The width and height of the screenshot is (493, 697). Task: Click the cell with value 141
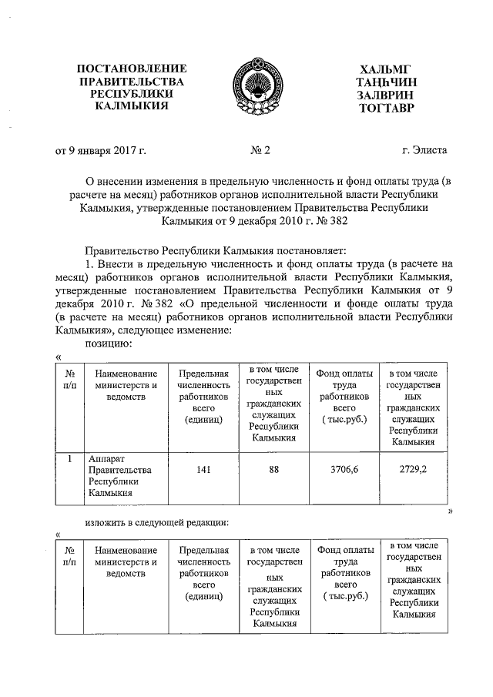pyautogui.click(x=203, y=470)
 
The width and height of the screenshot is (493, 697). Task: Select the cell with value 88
pyautogui.click(x=273, y=470)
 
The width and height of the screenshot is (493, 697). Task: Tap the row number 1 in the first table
pyautogui.click(x=69, y=459)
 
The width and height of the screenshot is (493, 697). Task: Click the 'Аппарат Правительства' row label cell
pyautogui.click(x=121, y=476)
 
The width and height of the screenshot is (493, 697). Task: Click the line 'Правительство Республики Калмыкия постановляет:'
pyautogui.click(x=216, y=251)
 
